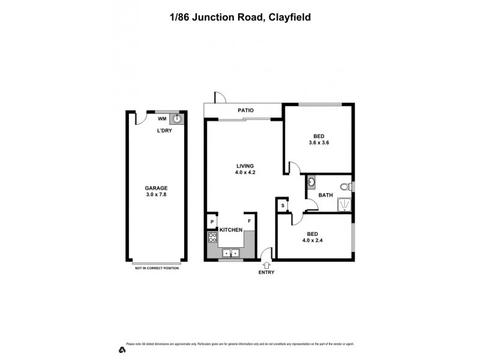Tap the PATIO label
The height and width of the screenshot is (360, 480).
[245, 110]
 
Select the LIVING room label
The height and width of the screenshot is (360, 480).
[245, 166]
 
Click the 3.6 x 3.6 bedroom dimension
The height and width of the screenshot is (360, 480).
[319, 143]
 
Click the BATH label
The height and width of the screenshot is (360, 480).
[325, 195]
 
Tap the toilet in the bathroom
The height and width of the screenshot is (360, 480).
[344, 186]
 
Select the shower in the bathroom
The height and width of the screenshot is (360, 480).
[344, 204]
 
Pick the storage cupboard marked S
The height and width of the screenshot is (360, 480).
[283, 206]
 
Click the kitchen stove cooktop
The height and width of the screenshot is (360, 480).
[212, 238]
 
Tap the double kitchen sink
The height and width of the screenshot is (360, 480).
[230, 253]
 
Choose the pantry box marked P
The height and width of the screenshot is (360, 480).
[212, 221]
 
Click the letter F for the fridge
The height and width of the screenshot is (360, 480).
[249, 221]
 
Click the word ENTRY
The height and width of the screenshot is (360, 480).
[266, 272]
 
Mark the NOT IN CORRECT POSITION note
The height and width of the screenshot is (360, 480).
[157, 268]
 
